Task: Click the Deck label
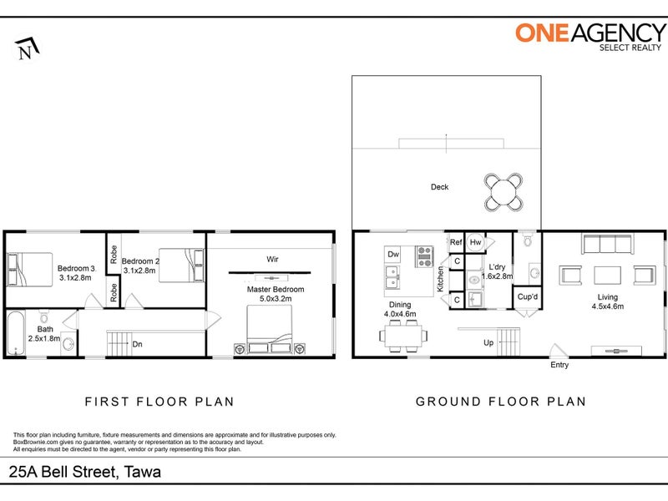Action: click(x=440, y=186)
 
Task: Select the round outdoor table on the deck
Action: click(x=504, y=192)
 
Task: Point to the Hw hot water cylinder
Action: click(x=475, y=242)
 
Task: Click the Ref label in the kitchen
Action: click(x=455, y=242)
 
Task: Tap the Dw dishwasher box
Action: click(x=392, y=255)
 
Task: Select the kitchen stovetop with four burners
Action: click(x=424, y=256)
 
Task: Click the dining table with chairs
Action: click(x=403, y=336)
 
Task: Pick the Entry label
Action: click(x=559, y=365)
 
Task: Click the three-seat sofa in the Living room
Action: click(x=607, y=244)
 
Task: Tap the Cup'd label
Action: click(x=528, y=296)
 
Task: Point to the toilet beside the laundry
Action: click(x=528, y=240)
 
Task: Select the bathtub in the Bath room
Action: click(x=15, y=333)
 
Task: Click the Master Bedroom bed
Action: click(x=270, y=329)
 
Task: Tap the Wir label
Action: click(x=272, y=259)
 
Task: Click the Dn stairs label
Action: click(x=137, y=344)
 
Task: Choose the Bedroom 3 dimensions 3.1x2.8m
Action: click(x=75, y=278)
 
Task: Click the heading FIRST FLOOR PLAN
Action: click(x=159, y=402)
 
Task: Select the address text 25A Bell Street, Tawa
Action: click(x=85, y=472)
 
